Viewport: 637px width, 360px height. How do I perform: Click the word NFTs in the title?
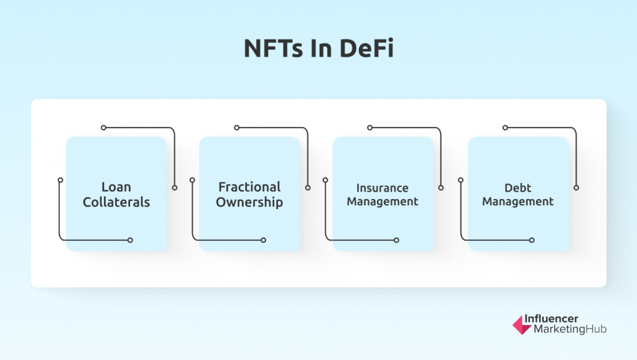(x=274, y=48)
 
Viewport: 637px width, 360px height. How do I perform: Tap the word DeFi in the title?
(x=366, y=48)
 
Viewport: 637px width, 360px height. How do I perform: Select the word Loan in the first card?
(x=116, y=187)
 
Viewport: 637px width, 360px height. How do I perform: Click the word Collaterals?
(x=116, y=202)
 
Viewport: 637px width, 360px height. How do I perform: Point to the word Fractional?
(x=249, y=187)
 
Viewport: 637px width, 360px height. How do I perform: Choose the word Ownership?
(x=249, y=202)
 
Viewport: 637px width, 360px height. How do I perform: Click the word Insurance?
(x=383, y=188)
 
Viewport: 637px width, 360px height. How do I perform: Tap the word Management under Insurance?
(x=383, y=201)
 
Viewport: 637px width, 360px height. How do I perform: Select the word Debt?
(x=518, y=188)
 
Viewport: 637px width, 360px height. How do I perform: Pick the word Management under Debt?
(x=518, y=201)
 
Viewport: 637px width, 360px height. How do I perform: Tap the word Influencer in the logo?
(x=551, y=318)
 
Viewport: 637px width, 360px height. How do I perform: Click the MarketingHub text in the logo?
(x=570, y=329)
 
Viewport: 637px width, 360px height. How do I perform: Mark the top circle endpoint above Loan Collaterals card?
(x=104, y=128)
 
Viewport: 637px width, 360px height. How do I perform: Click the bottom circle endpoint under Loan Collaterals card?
(x=130, y=240)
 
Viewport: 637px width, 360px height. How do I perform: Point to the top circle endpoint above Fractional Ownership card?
(x=237, y=128)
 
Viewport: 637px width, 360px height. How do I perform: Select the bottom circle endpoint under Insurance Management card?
(x=396, y=240)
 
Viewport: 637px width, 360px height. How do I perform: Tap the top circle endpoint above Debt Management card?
(x=505, y=128)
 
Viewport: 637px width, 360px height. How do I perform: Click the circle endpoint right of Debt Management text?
(x=577, y=188)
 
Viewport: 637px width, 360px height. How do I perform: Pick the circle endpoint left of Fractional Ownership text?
(x=193, y=180)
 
